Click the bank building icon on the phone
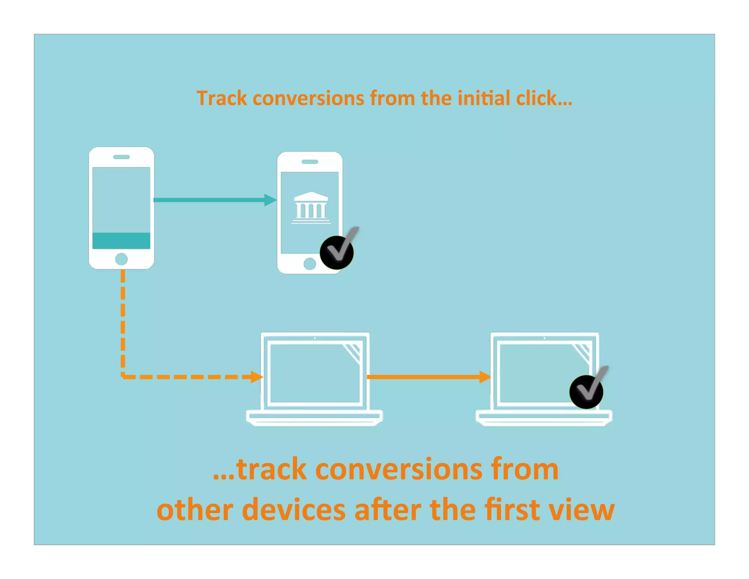(x=311, y=207)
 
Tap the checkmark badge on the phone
(x=337, y=252)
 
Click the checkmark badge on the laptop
(x=586, y=391)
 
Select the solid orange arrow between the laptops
(x=428, y=377)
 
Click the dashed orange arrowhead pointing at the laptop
(x=257, y=377)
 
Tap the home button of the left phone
(x=121, y=259)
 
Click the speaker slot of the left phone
(x=121, y=157)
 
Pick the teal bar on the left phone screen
(x=121, y=240)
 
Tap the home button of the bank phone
(x=310, y=264)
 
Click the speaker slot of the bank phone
(x=310, y=162)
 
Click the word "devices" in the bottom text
(x=294, y=509)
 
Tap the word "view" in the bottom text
(x=582, y=509)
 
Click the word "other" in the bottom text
(x=195, y=509)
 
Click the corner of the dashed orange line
(x=123, y=376)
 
